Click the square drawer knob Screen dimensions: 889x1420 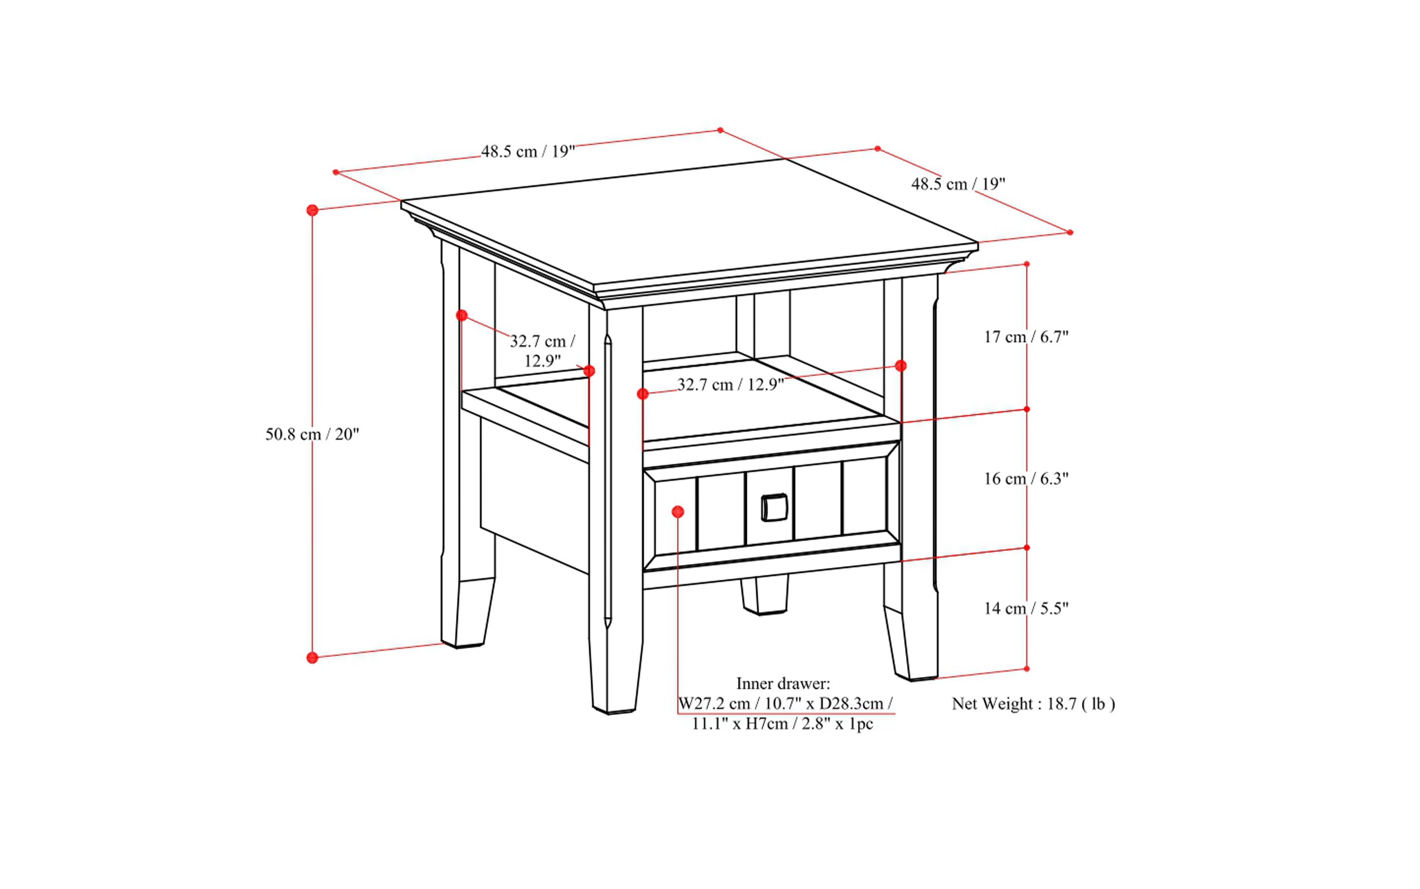point(774,507)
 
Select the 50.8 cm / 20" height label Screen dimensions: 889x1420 point(312,435)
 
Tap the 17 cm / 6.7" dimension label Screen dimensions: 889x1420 point(1026,337)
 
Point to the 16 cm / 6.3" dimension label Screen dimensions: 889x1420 point(1026,478)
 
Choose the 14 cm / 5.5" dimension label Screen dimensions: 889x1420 point(1026,608)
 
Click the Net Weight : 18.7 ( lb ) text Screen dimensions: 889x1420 point(1033,704)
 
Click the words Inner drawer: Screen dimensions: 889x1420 point(783,684)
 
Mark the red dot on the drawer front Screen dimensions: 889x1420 point(678,512)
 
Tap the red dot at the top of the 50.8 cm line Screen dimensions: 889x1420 point(312,210)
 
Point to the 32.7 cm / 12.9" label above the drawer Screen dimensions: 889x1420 point(731,385)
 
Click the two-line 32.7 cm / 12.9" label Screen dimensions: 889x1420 point(542,350)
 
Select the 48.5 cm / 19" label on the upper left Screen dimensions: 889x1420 point(528,151)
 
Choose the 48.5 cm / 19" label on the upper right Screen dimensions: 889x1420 point(958,184)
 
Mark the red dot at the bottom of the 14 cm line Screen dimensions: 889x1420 point(1026,668)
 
